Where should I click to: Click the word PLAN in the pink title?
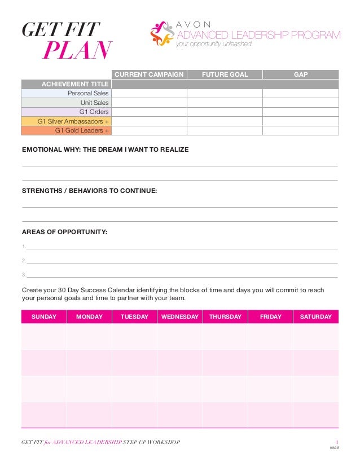coord(77,51)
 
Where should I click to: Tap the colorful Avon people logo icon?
coord(163,34)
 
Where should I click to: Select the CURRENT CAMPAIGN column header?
coord(149,74)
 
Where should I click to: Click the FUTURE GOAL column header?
coord(225,74)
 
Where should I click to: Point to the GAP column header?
coord(300,74)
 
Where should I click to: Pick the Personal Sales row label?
coord(88,93)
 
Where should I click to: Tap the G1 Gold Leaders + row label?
coord(82,130)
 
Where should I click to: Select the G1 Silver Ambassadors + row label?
coord(73,121)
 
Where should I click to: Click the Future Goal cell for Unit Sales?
coord(225,103)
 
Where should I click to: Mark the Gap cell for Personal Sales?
coord(300,93)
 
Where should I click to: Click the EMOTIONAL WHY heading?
coord(105,150)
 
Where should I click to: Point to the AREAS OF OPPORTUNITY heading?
coord(64,232)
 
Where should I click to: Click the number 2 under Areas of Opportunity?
coord(24,261)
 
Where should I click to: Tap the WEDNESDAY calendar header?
coord(179,317)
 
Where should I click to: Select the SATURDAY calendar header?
coord(315,317)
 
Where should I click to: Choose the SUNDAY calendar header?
coord(44,317)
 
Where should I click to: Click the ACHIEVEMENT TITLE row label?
coord(74,84)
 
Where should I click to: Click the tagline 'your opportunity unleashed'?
coord(214,45)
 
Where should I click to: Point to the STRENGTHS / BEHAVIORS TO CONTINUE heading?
coord(89,191)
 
